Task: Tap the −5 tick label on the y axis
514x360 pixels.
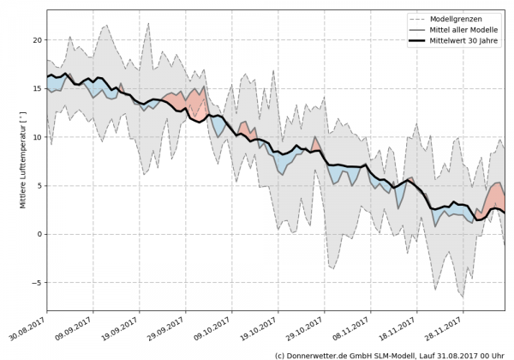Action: click(x=37, y=282)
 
